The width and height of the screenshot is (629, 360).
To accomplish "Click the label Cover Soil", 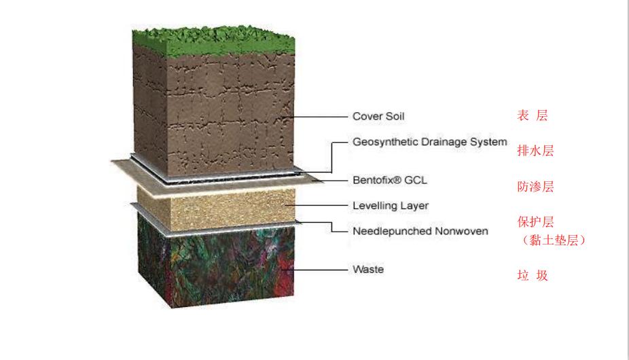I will (378, 116).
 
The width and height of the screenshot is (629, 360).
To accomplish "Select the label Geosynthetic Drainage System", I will (429, 143).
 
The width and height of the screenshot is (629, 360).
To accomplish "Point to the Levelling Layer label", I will (391, 206).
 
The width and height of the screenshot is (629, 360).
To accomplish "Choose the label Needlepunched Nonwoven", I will (420, 231).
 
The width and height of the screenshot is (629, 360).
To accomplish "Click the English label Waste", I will (367, 270).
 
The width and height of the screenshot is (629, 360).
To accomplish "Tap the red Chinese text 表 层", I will (532, 116).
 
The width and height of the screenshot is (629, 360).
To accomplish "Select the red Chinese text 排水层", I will (535, 151).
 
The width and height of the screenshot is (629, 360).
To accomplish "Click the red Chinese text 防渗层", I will (535, 187).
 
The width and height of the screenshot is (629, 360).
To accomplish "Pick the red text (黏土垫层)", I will (551, 240).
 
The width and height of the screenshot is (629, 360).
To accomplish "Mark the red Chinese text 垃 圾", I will (532, 276).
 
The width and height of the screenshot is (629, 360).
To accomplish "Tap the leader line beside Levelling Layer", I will (319, 205).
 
